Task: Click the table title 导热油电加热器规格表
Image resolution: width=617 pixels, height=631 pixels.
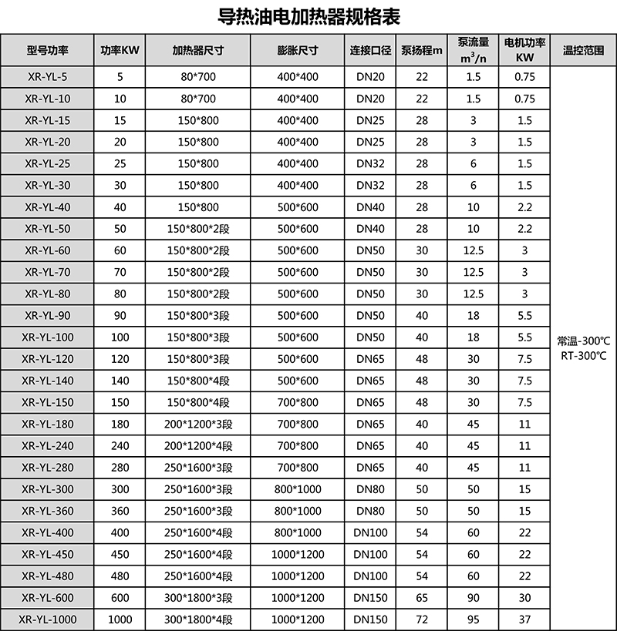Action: (308, 15)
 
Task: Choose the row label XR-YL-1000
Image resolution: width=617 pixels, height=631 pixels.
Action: (47, 619)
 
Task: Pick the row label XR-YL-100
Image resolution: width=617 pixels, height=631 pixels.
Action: (47, 337)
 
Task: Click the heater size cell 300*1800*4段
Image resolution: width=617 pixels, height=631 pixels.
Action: (198, 619)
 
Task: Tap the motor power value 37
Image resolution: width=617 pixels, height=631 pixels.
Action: (525, 619)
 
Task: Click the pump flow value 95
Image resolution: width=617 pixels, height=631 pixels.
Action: (474, 619)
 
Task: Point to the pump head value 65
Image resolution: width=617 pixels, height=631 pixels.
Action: (422, 598)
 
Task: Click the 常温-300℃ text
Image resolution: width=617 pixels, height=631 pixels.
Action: (583, 340)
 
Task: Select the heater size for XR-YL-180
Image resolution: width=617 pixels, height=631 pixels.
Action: (198, 425)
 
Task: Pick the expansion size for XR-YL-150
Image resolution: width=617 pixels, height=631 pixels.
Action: (298, 402)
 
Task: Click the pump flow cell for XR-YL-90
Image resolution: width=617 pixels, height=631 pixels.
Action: (474, 316)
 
